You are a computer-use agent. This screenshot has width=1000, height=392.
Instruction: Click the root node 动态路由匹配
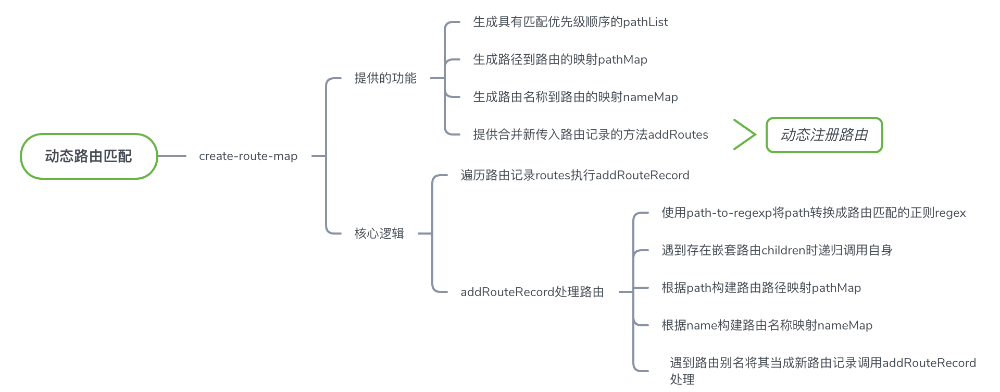coord(89,156)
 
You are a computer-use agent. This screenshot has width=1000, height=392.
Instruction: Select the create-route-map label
coord(248,156)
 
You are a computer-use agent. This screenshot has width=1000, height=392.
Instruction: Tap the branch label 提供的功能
coord(385,78)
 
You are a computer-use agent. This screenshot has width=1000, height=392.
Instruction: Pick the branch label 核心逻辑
coord(379,234)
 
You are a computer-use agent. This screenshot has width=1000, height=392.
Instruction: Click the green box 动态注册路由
coord(824,135)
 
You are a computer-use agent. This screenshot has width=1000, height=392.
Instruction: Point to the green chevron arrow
coord(745,134)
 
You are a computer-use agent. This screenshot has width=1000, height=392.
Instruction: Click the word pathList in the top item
coord(645,22)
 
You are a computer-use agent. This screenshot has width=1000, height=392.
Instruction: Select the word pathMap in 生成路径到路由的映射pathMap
coord(622,59)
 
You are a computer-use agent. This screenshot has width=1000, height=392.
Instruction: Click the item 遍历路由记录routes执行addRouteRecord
coord(574,175)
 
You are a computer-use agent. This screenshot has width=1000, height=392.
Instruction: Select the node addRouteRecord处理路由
coord(532,292)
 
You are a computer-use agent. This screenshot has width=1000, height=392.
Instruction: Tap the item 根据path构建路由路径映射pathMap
coord(761,288)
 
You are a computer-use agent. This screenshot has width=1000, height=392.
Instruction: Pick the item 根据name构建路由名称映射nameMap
coord(767,325)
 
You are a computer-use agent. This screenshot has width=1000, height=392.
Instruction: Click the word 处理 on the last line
coord(682,379)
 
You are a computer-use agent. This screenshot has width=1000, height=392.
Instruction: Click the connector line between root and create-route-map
coord(172,156)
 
